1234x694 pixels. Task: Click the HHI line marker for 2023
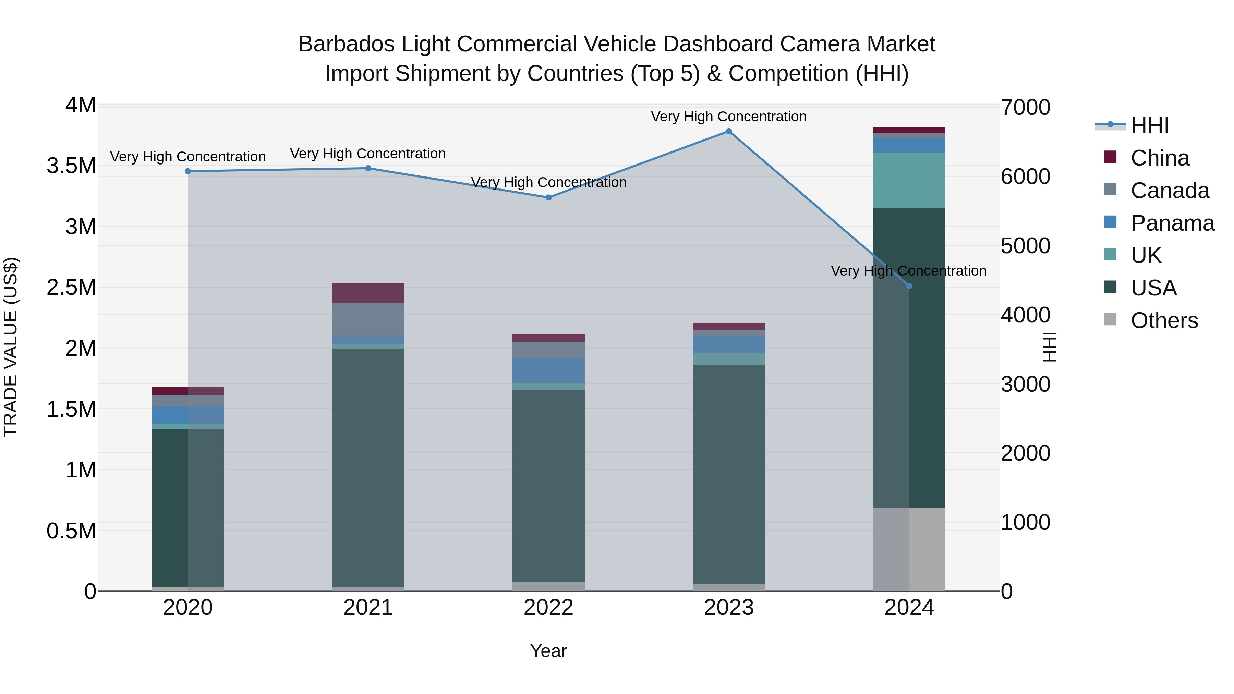(x=729, y=131)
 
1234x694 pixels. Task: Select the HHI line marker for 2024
(x=909, y=286)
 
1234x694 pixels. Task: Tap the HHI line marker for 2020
(x=188, y=171)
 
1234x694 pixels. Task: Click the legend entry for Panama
(x=1172, y=223)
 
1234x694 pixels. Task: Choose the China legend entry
(x=1159, y=158)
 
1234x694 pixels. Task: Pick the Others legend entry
(x=1164, y=320)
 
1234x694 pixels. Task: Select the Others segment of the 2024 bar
(x=909, y=549)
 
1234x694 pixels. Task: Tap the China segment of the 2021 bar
(x=368, y=293)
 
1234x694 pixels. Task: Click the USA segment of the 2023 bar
(x=729, y=474)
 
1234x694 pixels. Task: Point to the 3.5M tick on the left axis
(x=71, y=166)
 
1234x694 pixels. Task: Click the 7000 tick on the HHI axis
(x=1025, y=107)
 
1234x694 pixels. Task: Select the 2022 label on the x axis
(x=548, y=608)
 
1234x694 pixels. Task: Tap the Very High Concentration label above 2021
(x=368, y=154)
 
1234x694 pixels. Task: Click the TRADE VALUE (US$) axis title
(x=11, y=347)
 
